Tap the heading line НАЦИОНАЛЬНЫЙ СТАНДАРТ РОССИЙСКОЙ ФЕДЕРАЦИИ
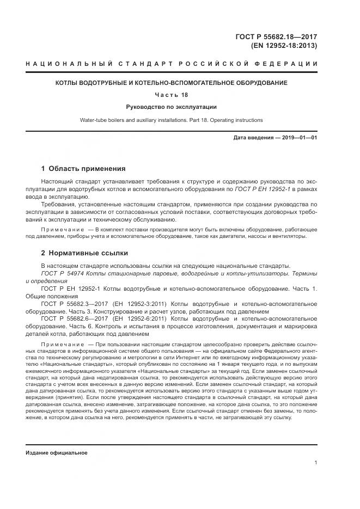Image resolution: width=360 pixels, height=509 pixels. [172, 64]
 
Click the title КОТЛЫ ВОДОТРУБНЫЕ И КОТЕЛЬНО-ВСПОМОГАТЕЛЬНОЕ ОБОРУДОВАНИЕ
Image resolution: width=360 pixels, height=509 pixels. [172, 83]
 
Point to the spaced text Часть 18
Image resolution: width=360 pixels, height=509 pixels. [172, 95]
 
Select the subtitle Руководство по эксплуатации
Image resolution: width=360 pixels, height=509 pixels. [172, 107]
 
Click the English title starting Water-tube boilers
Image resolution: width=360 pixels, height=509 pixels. [172, 120]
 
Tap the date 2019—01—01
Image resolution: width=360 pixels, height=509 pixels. [300, 138]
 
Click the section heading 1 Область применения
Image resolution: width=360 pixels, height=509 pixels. [83, 168]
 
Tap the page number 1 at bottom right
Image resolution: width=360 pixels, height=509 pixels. [316, 463]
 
